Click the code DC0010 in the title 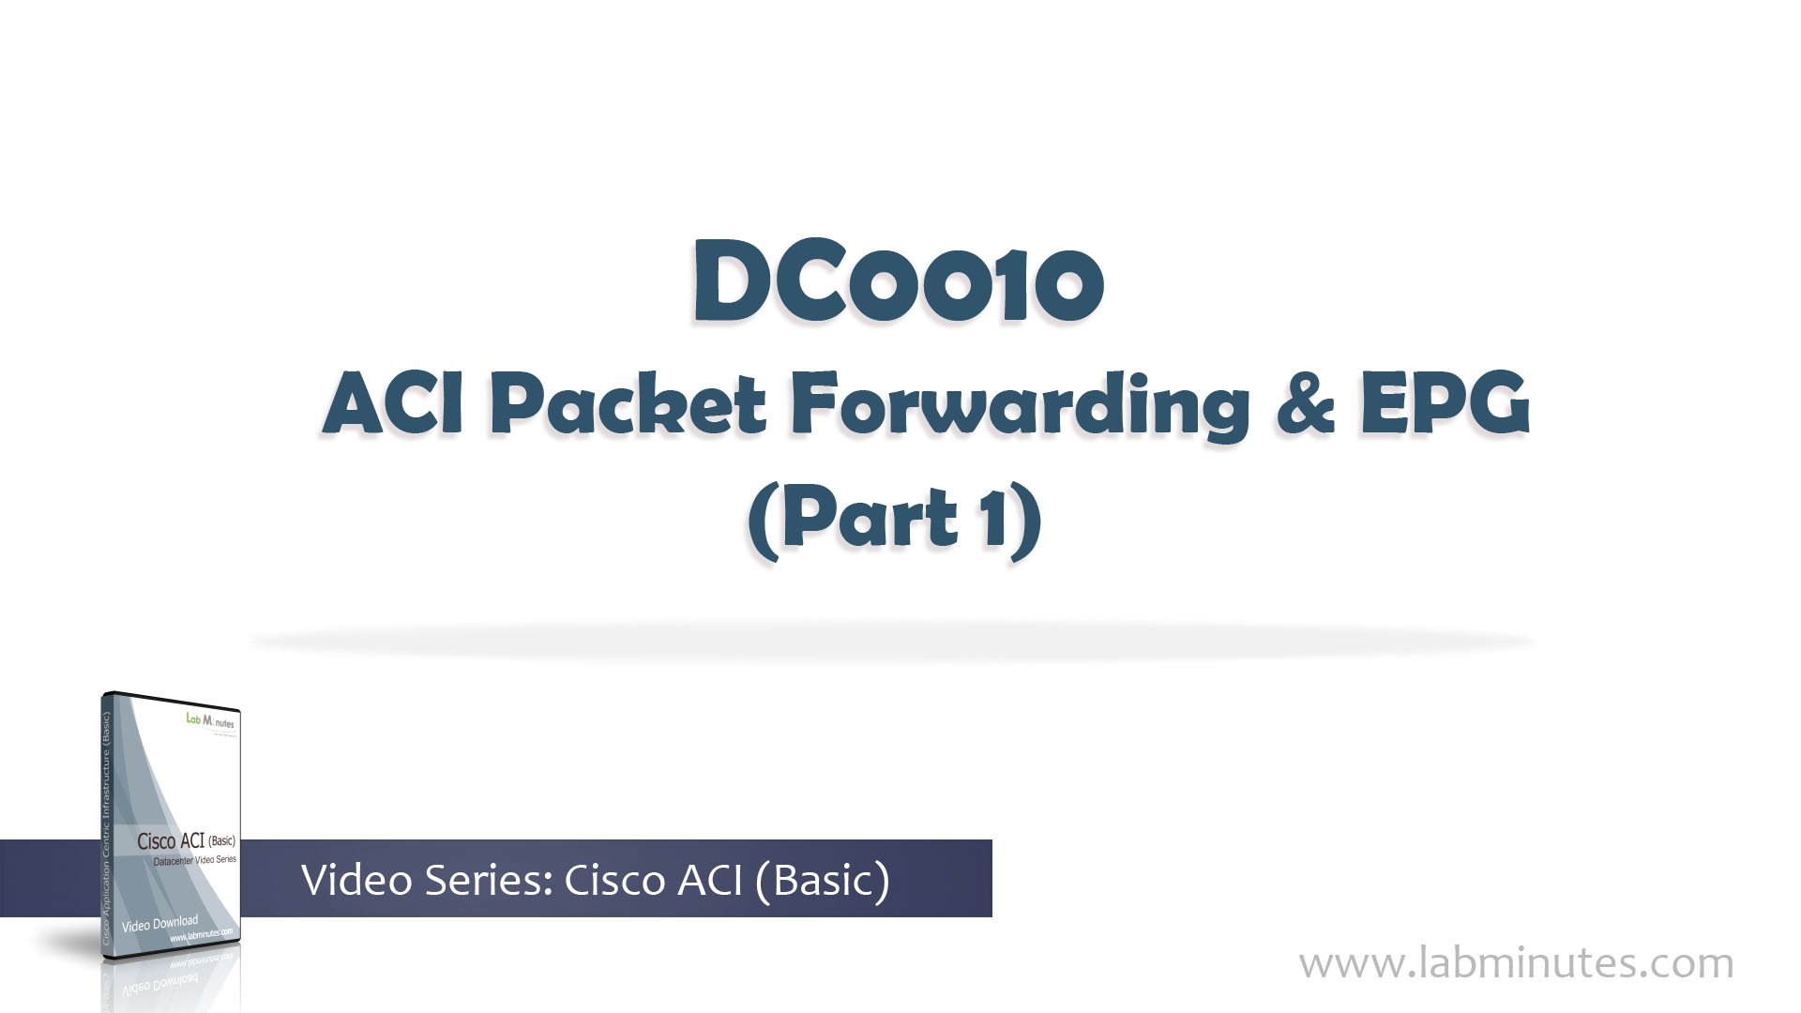[x=898, y=281]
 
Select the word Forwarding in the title [x=1020, y=405]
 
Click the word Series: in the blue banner [x=488, y=880]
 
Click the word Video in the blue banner [x=356, y=880]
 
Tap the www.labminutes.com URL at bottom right [x=1516, y=963]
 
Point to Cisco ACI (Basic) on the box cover [x=186, y=840]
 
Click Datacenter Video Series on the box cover [x=194, y=860]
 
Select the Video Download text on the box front [x=159, y=923]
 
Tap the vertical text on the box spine [x=106, y=825]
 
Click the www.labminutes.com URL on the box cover [x=201, y=935]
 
